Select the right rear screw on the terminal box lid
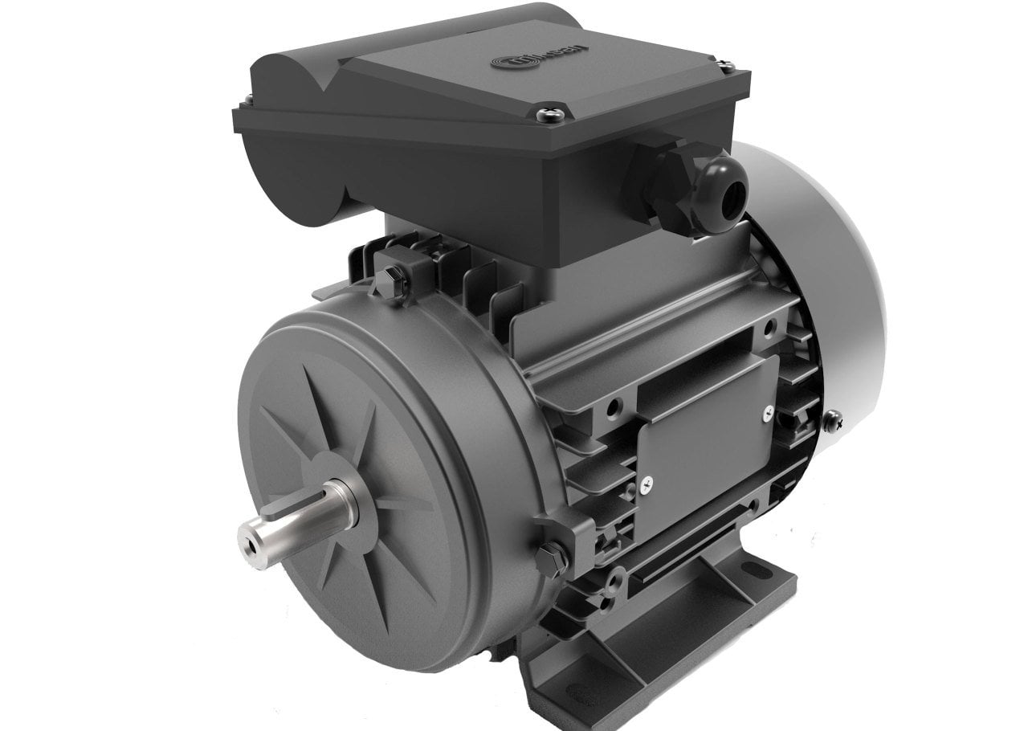[x=728, y=69]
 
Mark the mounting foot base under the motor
[x=642, y=643]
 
